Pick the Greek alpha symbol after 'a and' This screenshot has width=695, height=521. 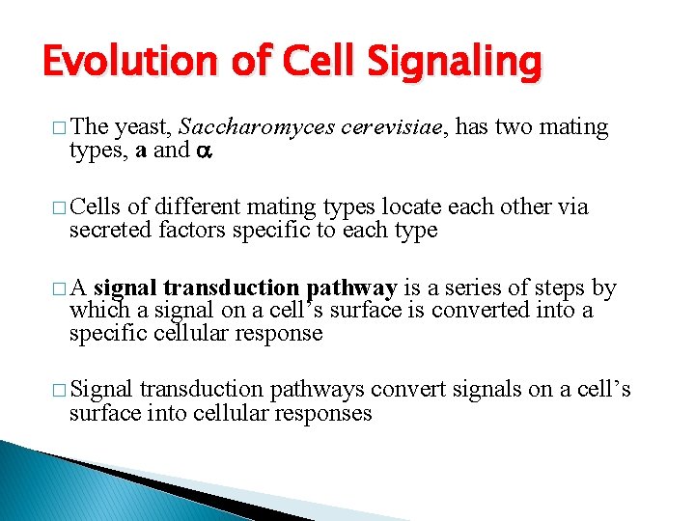(204, 151)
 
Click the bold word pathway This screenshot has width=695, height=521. (350, 288)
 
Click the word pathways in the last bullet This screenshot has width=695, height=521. (311, 391)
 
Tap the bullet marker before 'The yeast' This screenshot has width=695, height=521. (61, 128)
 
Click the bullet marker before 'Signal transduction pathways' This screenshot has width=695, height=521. (61, 391)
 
